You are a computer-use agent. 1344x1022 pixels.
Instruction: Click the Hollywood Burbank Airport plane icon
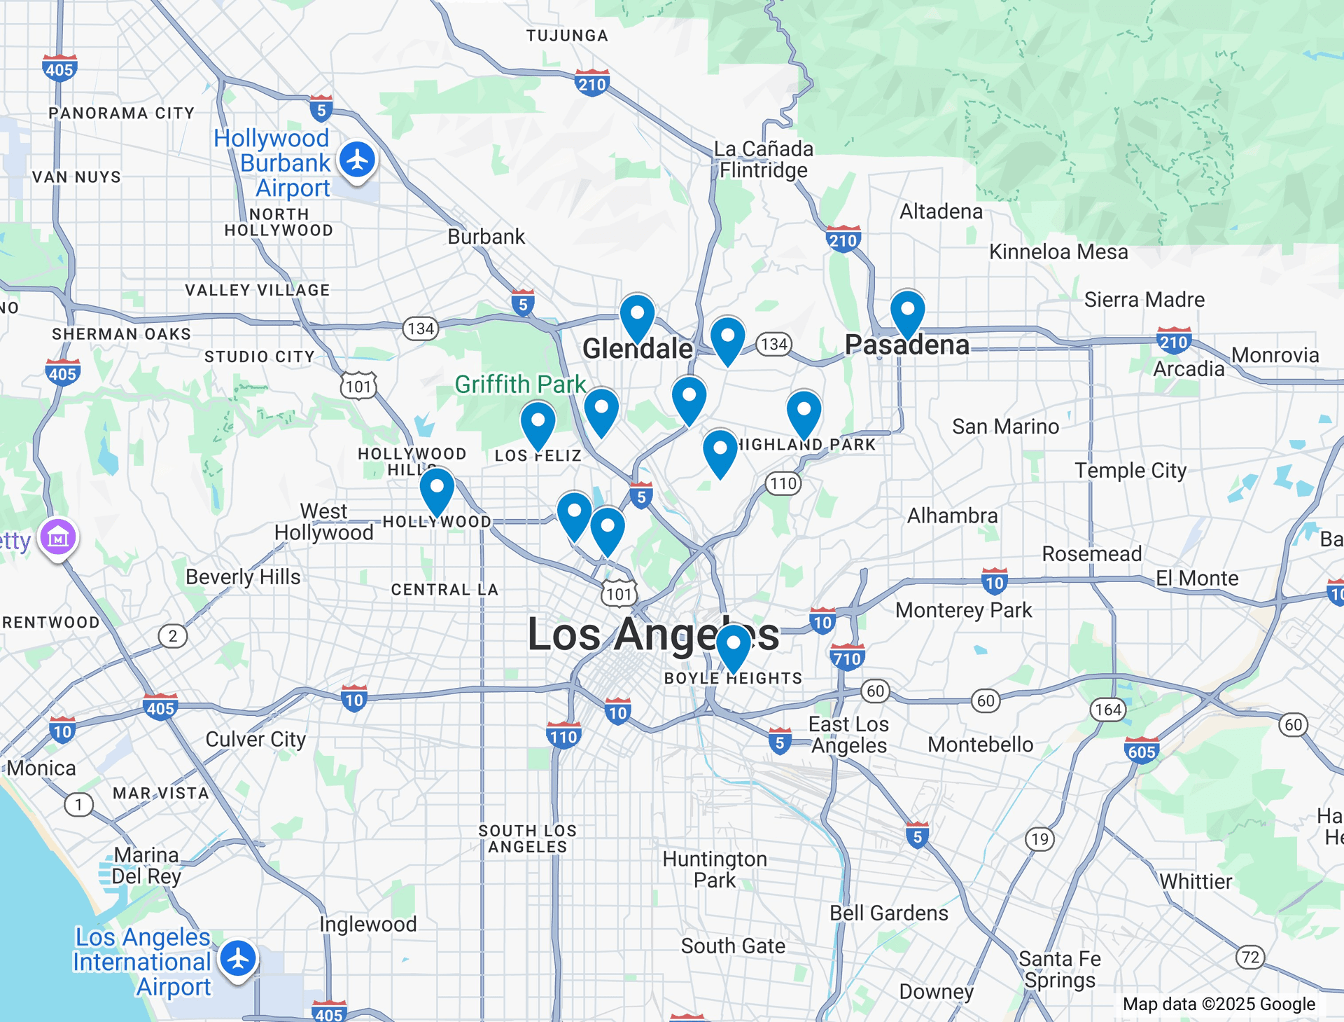(x=358, y=160)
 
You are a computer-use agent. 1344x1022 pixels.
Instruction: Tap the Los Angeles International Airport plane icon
(x=239, y=959)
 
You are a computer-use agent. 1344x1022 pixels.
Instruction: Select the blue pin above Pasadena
(x=907, y=312)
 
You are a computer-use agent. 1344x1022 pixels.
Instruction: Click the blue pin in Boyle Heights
(x=734, y=646)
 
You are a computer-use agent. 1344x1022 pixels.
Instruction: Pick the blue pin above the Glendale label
(x=637, y=315)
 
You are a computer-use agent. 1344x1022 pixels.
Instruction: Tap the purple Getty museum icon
(x=58, y=538)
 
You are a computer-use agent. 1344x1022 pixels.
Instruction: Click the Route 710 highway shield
(x=847, y=658)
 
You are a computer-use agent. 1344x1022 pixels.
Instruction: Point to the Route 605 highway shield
(x=1141, y=752)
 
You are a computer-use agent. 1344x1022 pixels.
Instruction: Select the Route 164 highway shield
(x=1108, y=710)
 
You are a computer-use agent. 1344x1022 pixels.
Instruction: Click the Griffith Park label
(x=519, y=385)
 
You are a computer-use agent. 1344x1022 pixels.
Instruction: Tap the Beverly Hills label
(x=243, y=576)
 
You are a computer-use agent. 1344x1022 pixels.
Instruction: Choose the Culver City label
(x=255, y=739)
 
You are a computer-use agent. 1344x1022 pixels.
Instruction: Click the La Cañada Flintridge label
(x=763, y=160)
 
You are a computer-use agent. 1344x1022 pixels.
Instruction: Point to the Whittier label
(x=1196, y=881)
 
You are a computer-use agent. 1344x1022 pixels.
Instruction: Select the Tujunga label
(x=567, y=36)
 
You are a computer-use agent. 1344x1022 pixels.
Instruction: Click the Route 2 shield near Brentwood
(x=173, y=636)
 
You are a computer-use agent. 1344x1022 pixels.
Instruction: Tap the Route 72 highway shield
(x=1250, y=957)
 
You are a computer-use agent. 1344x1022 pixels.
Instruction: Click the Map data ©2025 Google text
(x=1218, y=1004)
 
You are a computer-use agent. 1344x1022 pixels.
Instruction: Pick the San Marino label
(x=1005, y=427)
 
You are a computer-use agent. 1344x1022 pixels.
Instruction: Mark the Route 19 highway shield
(x=1040, y=839)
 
